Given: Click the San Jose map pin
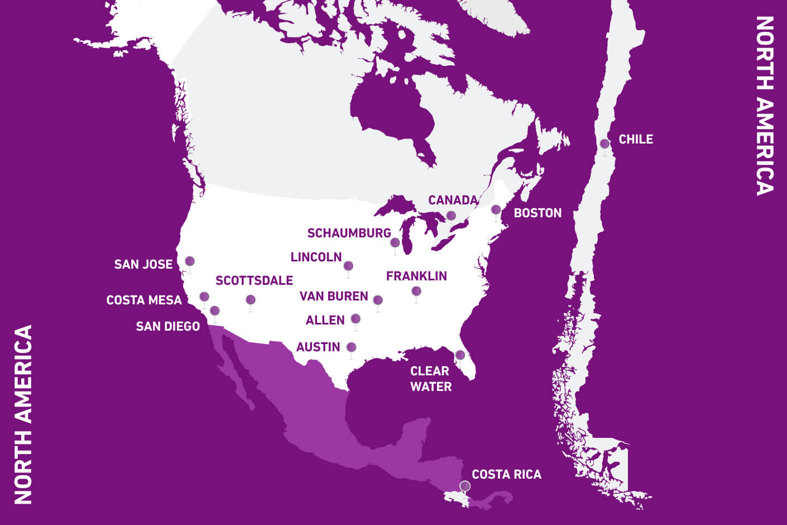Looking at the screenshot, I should click(x=190, y=261).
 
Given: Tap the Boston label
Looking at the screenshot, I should click(x=538, y=213).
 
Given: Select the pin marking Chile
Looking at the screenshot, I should click(x=604, y=144).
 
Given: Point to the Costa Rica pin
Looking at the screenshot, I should click(x=465, y=486).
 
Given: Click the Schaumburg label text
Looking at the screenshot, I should click(x=349, y=233).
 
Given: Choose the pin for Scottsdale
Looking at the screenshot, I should click(x=251, y=300).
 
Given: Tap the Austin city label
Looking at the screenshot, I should click(x=318, y=347).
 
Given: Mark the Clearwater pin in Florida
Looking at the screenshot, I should click(x=460, y=355).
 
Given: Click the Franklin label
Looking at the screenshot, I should click(x=416, y=276).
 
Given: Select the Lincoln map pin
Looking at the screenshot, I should click(x=348, y=266).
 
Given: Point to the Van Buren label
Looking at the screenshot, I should click(x=334, y=296).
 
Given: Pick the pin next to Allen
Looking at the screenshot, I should click(x=356, y=319).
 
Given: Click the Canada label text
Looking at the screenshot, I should click(x=453, y=200).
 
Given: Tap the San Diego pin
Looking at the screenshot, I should click(x=215, y=311).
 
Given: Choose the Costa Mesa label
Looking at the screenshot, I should click(x=144, y=300).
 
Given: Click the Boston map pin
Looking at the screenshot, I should click(x=496, y=210).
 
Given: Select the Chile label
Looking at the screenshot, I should click(x=636, y=139).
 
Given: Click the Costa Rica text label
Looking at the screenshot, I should click(x=506, y=474).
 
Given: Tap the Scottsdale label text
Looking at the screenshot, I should click(x=254, y=280).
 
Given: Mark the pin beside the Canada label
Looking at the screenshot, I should click(x=451, y=216).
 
